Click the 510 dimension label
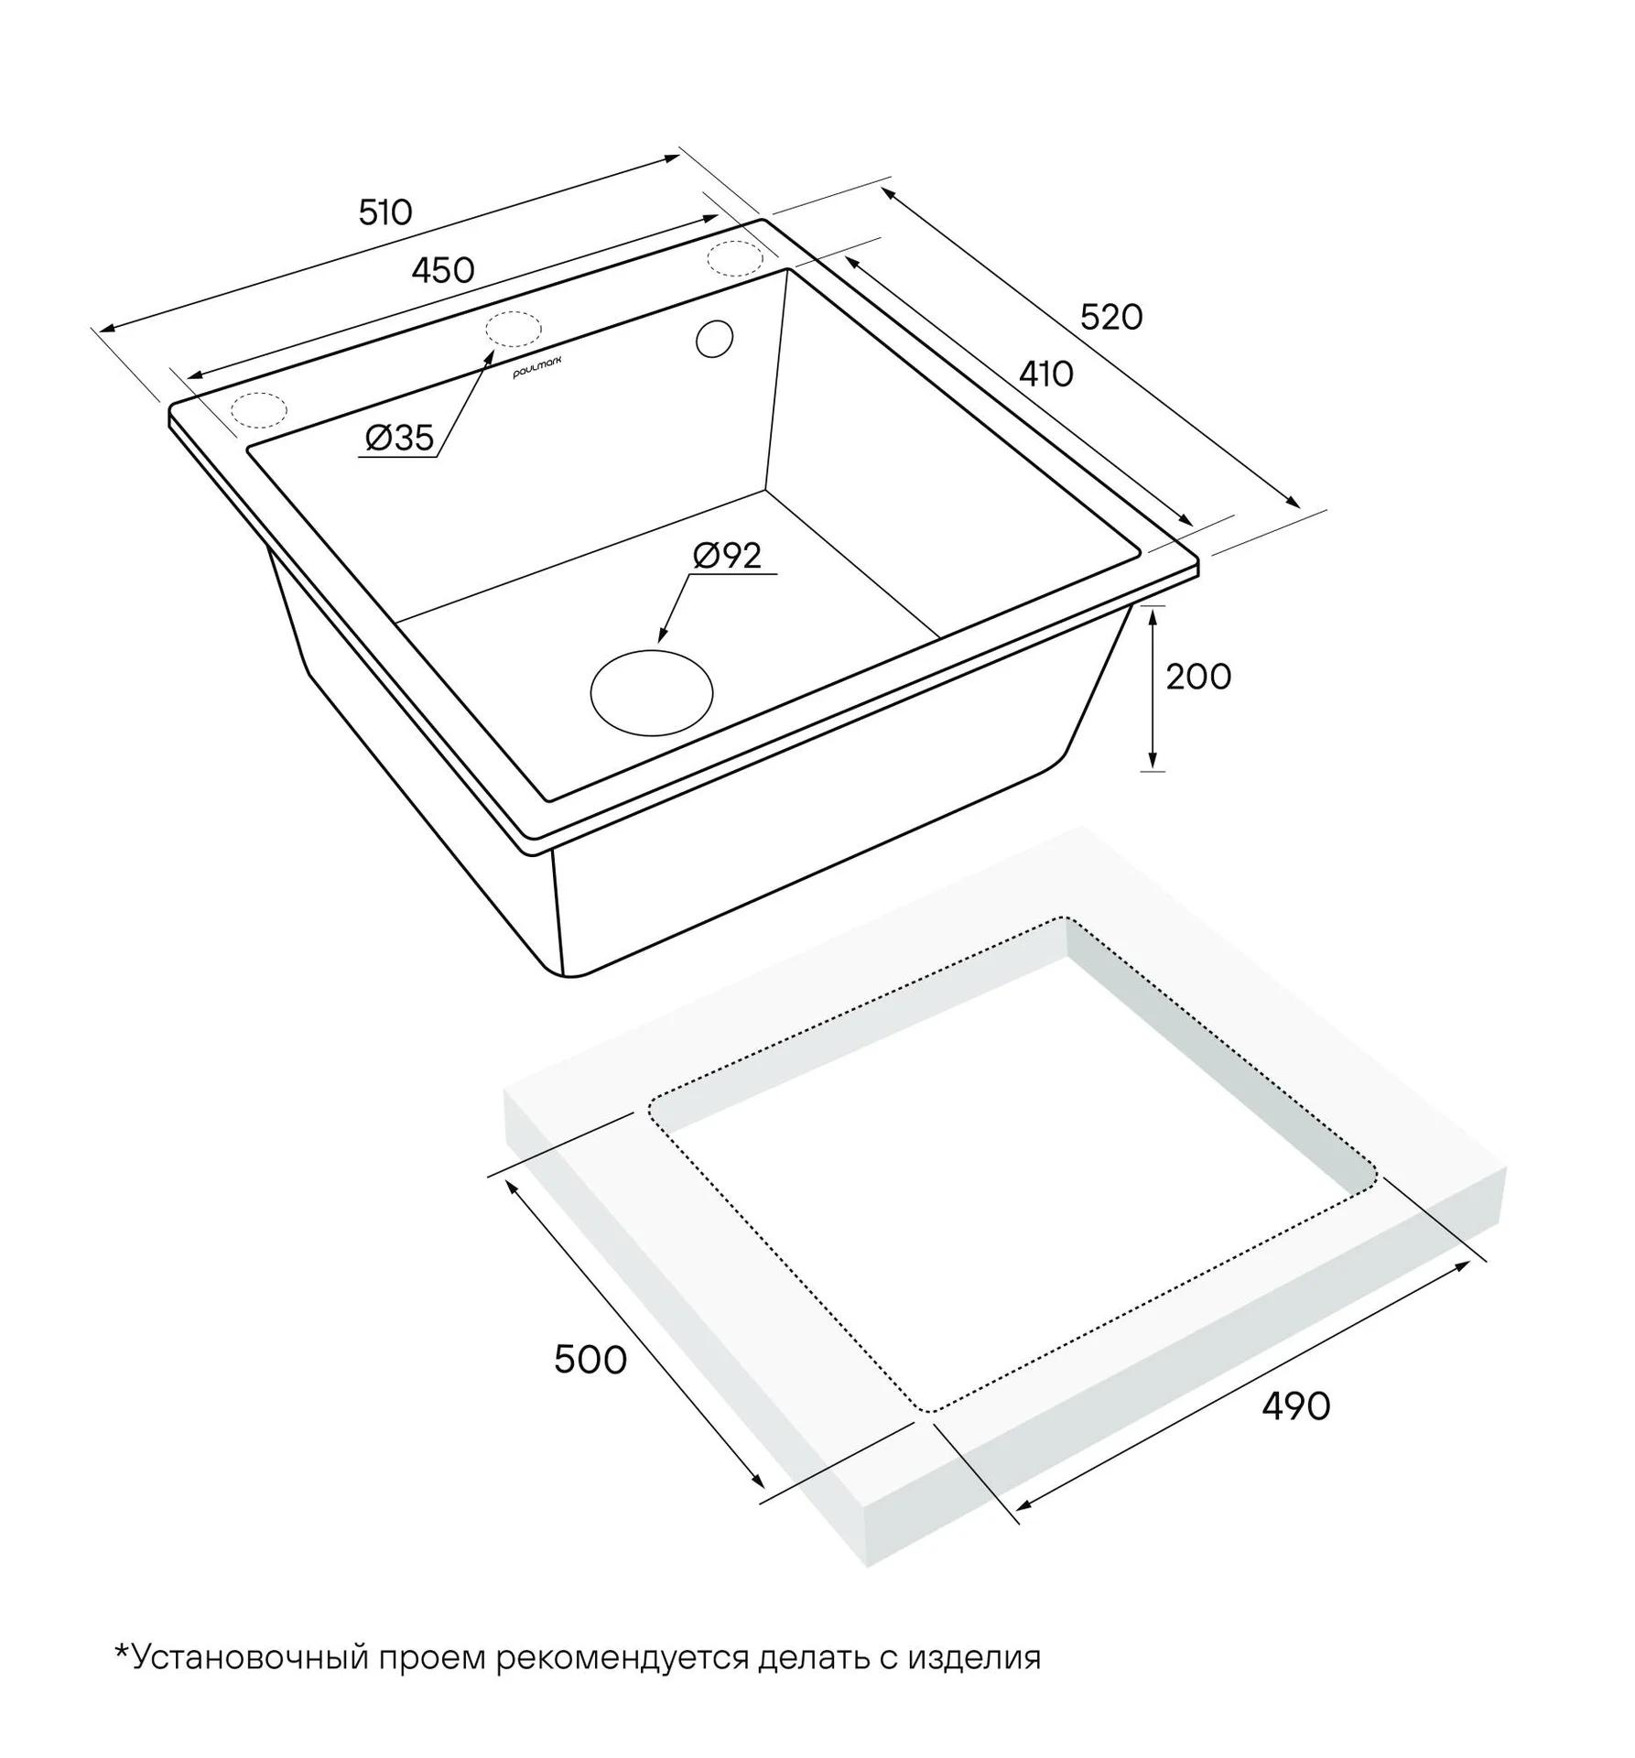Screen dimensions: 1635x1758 coord(385,213)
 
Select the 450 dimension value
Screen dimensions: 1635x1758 coord(443,270)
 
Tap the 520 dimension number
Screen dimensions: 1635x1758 coord(1111,317)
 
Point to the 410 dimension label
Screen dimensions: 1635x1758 coord(1046,374)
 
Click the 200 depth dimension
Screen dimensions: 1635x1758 coord(1198,677)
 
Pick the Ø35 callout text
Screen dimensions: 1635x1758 coord(399,438)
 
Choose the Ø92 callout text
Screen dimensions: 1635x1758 coord(728,556)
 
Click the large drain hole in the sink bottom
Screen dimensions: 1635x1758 coord(652,692)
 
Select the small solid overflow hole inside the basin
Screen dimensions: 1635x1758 coord(715,339)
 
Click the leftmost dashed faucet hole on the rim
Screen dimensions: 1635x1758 coord(259,410)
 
